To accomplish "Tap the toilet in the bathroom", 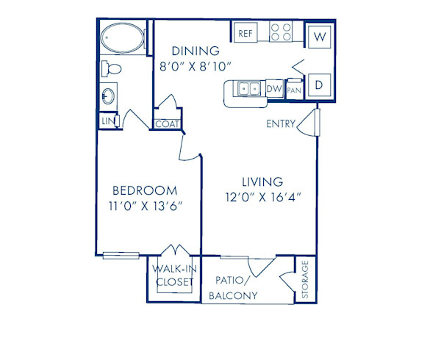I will [x=112, y=69].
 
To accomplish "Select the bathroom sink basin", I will [x=108, y=96].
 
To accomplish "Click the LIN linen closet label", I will [x=107, y=120].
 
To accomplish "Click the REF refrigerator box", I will [x=244, y=32].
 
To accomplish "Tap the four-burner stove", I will [x=281, y=32].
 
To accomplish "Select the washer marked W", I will [x=320, y=35].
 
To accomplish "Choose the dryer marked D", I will [x=320, y=84].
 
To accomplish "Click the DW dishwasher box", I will [x=273, y=90].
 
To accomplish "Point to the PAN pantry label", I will [x=293, y=90].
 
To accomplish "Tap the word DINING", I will [x=196, y=51].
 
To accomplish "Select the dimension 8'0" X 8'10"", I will [x=196, y=66].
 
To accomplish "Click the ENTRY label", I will [x=280, y=124].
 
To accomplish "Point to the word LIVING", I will [x=263, y=181].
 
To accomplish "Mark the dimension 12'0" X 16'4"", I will [x=263, y=197].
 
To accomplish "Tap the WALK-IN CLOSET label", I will [x=173, y=275].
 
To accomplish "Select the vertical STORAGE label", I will [x=306, y=280].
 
